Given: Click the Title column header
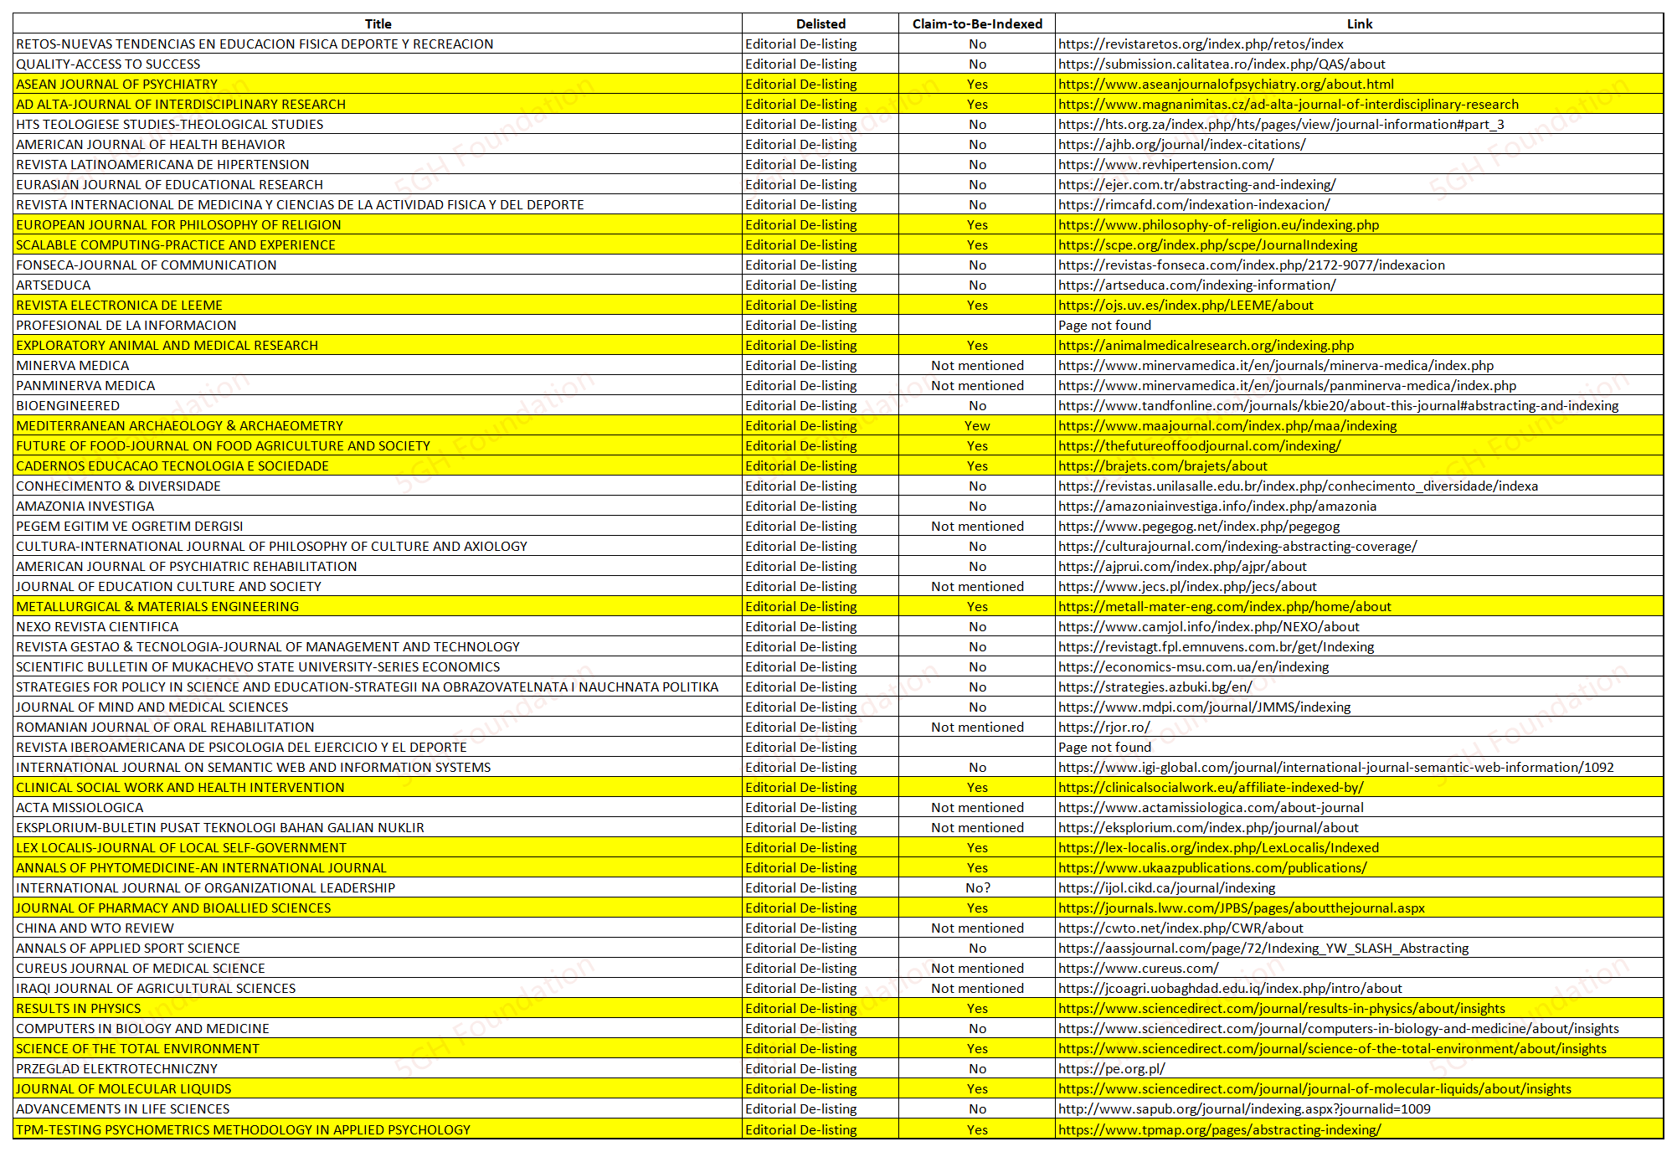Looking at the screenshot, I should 378,23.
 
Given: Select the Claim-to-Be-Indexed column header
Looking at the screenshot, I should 977,23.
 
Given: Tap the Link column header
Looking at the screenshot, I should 1359,23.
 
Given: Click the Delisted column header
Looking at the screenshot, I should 820,23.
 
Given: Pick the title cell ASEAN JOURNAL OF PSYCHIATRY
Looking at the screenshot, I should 117,84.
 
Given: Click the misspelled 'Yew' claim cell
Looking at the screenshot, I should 977,425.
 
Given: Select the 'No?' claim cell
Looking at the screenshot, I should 977,887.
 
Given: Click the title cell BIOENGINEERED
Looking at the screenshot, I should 68,405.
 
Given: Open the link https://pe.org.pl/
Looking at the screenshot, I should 1111,1068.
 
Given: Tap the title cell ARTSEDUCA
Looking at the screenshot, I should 54,285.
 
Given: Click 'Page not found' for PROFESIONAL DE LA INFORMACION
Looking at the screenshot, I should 1104,325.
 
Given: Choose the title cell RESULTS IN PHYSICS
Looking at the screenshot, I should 79,1008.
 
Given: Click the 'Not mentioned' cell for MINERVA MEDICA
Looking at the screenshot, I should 977,365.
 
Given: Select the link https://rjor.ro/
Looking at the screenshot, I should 1103,727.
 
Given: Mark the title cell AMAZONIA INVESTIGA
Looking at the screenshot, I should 85,506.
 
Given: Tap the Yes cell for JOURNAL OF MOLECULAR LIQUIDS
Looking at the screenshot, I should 977,1088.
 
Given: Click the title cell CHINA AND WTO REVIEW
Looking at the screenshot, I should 95,928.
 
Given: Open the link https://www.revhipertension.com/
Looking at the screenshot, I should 1165,164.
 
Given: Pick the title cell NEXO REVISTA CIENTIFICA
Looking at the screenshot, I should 97,626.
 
